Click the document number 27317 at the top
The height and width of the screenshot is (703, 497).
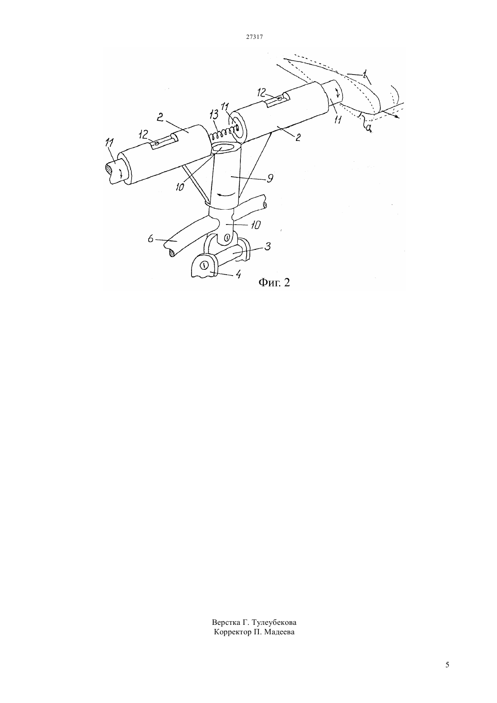pyautogui.click(x=254, y=37)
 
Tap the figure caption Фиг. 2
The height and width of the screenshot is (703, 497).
pyautogui.click(x=274, y=282)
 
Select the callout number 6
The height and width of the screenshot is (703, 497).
pyautogui.click(x=150, y=239)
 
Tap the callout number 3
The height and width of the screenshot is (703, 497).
pyautogui.click(x=267, y=246)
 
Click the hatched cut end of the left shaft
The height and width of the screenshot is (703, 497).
pyautogui.click(x=108, y=171)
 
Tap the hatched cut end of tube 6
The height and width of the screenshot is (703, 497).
pyautogui.click(x=172, y=253)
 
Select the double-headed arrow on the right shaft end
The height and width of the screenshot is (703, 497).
pyautogui.click(x=338, y=93)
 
